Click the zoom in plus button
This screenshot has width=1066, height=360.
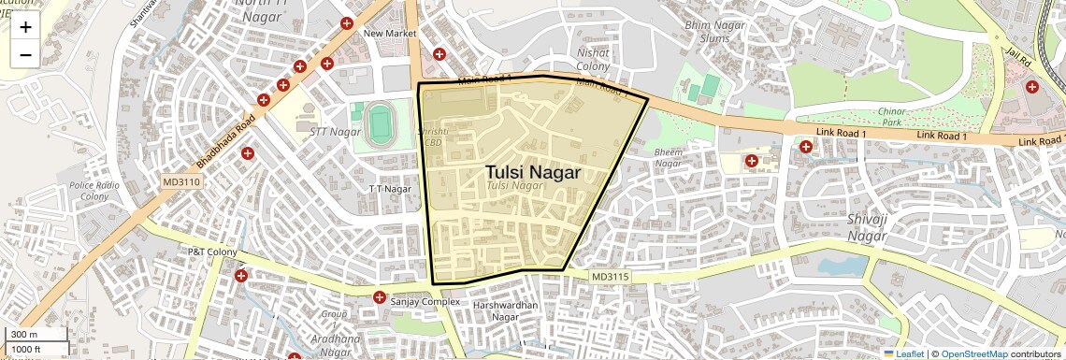[x=25, y=27]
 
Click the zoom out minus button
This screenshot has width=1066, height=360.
[x=25, y=54]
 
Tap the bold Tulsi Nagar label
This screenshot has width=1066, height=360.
[x=532, y=172]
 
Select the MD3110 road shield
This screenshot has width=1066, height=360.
[x=181, y=181]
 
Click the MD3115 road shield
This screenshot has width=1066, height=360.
[x=611, y=277]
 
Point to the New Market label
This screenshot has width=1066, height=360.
[x=389, y=34]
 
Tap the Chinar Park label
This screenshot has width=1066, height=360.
[x=891, y=116]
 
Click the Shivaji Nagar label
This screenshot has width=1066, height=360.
[x=866, y=227]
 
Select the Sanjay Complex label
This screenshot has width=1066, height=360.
[x=426, y=301]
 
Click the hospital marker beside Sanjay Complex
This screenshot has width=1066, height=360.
[x=380, y=298]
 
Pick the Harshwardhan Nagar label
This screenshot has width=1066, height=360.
[x=504, y=311]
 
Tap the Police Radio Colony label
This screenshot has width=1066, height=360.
[x=94, y=191]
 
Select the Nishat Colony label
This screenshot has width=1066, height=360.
[x=594, y=60]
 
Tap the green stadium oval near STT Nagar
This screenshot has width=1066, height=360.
[x=379, y=124]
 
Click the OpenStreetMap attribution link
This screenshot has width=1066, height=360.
[x=973, y=353]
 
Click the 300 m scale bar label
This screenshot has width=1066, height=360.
[x=25, y=335]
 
